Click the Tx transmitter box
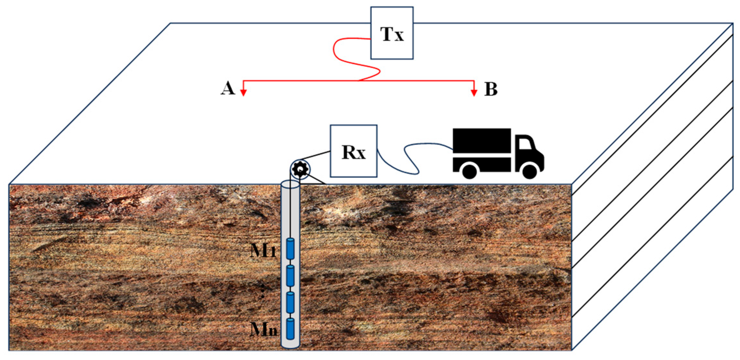point(392,33)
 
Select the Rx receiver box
point(354,151)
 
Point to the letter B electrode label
point(491,89)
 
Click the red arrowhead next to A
point(244,92)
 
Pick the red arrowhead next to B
point(474,92)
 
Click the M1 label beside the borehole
point(263,250)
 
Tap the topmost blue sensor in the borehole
point(290,248)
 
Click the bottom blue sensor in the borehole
point(290,328)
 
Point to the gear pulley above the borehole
point(300,169)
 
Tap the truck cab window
point(525,144)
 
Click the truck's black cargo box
point(482,141)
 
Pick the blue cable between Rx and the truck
point(411,158)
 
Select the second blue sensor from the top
point(290,275)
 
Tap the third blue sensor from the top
point(290,302)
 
